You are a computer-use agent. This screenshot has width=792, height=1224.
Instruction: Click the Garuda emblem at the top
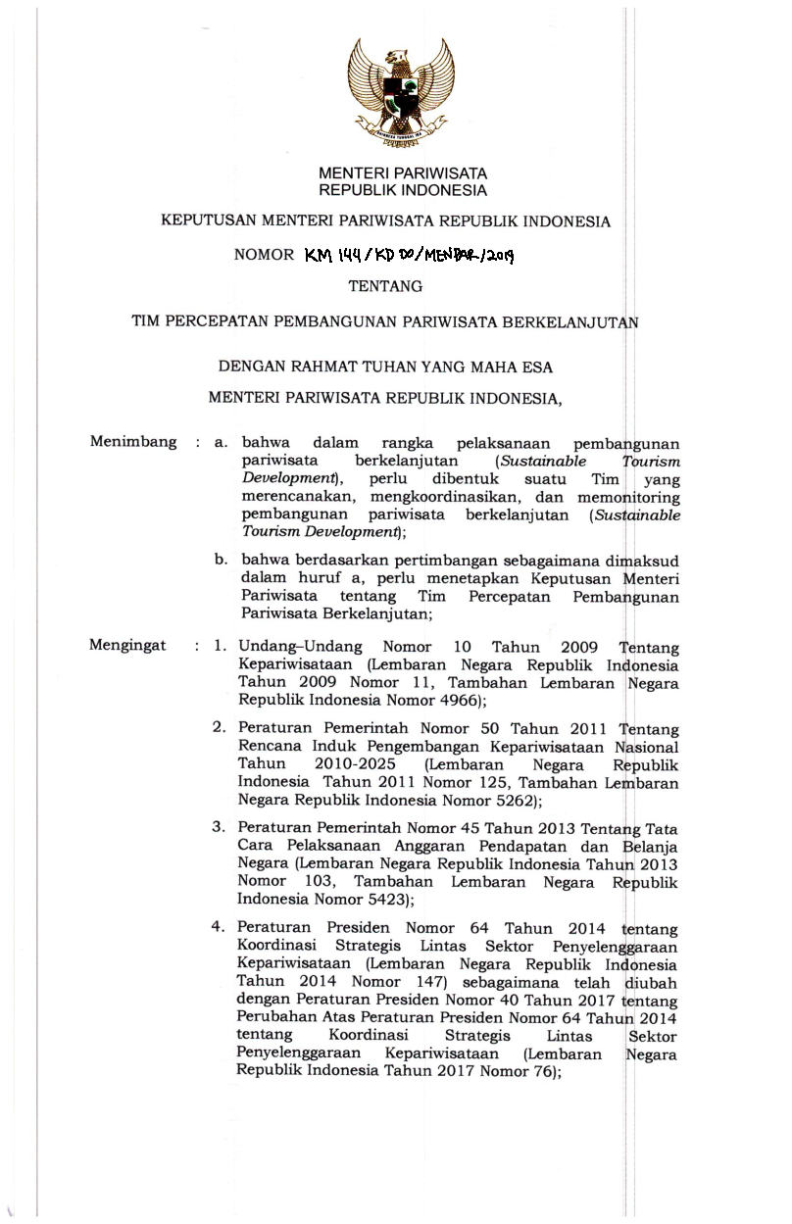click(x=401, y=89)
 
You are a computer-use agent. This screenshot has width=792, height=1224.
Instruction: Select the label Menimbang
click(x=133, y=441)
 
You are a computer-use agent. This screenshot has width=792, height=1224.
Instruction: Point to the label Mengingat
click(x=128, y=646)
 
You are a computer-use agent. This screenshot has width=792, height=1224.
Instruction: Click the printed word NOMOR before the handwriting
click(x=264, y=255)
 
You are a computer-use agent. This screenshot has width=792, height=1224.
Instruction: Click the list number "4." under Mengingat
click(x=221, y=927)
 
